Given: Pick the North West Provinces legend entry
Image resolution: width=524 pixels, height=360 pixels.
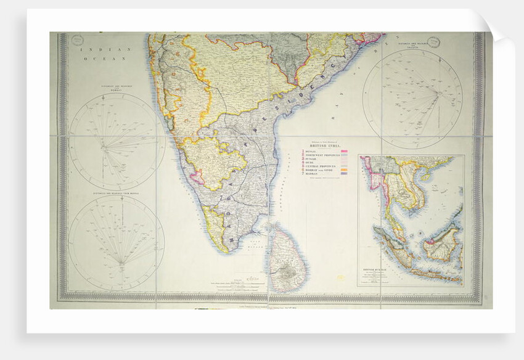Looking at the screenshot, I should click(324, 155).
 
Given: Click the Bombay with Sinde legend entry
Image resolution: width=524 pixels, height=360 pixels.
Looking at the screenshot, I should click(322, 171).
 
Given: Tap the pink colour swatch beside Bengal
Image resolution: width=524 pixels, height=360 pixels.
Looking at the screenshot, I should click(344, 151).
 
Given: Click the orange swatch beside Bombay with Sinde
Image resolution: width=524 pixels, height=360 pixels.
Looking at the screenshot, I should click(344, 171).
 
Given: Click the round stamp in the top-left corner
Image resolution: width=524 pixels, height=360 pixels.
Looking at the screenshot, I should click(76, 40).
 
